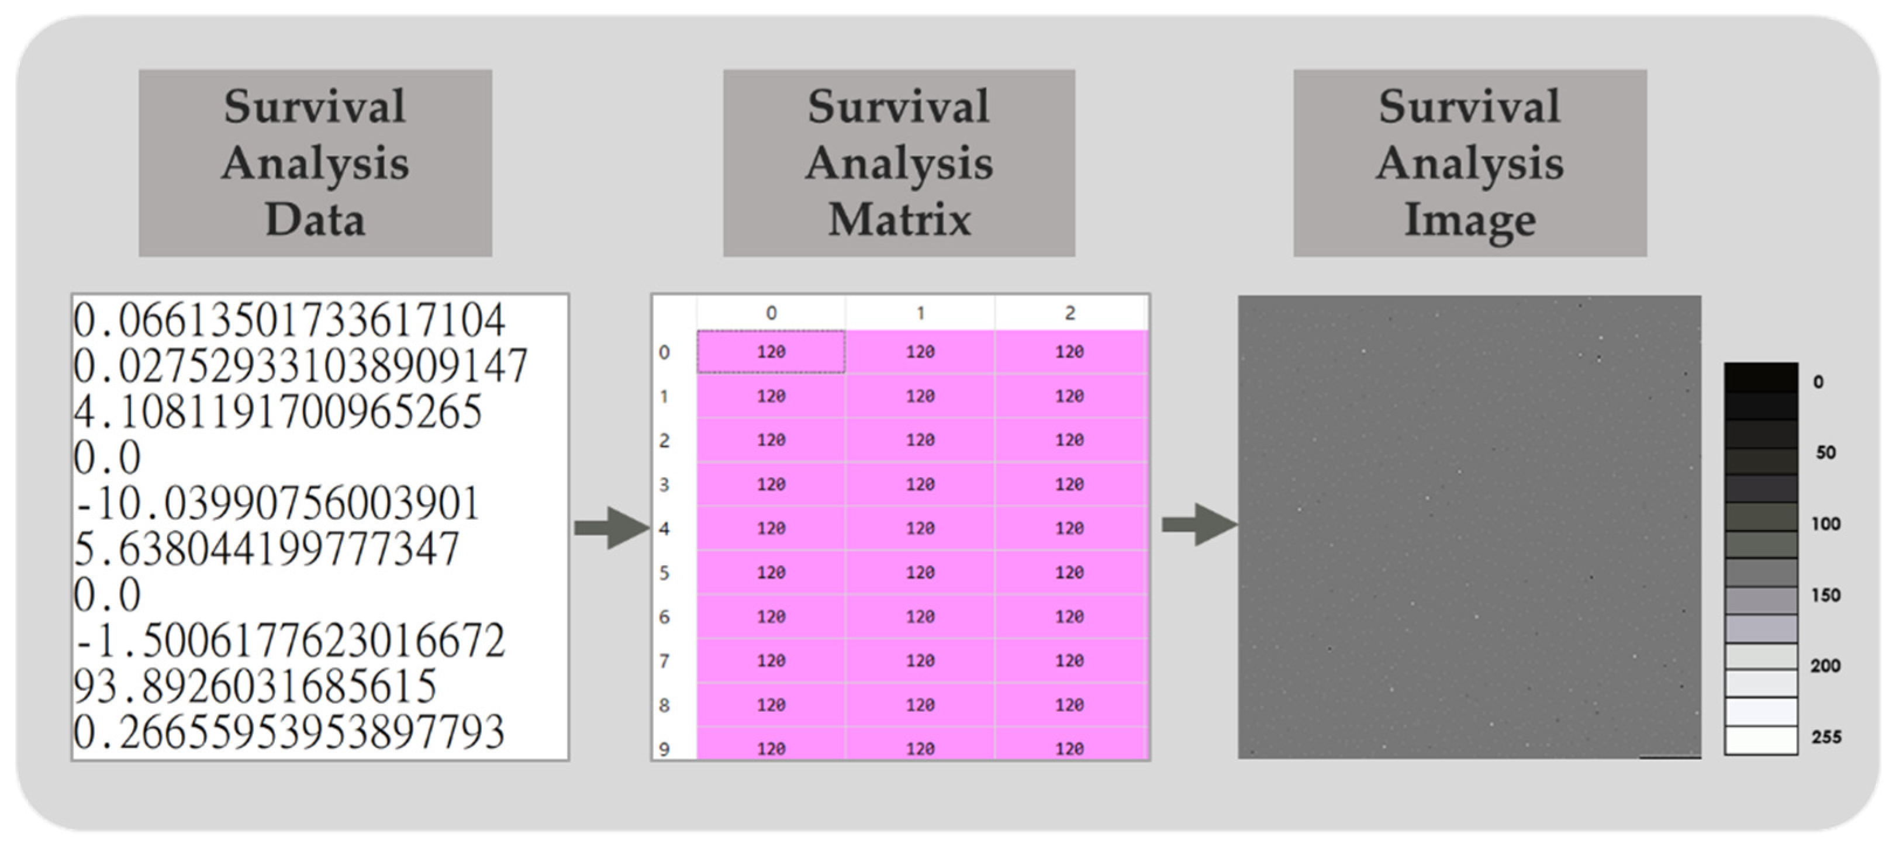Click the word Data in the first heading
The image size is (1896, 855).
click(315, 219)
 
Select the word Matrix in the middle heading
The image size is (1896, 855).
click(899, 219)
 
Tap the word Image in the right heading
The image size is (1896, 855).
click(1470, 219)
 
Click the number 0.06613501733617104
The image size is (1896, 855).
click(289, 320)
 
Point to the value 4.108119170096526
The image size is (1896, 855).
click(278, 411)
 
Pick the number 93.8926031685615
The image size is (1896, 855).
click(255, 686)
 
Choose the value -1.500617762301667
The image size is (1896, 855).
click(289, 640)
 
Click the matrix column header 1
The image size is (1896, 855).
click(920, 313)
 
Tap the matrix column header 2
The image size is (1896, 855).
click(1069, 313)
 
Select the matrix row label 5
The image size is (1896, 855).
click(664, 573)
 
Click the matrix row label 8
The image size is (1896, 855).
click(664, 705)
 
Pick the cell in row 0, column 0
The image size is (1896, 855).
click(771, 352)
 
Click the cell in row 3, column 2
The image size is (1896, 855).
click(1069, 484)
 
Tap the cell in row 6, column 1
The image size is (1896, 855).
click(920, 617)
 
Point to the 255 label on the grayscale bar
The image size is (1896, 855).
click(1826, 736)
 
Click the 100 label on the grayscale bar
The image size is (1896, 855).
click(1825, 524)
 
